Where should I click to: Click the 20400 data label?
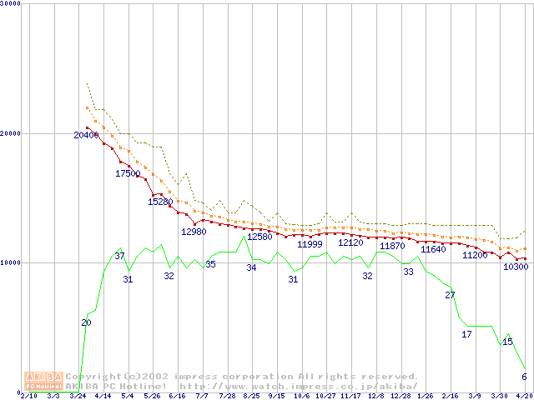point(85,135)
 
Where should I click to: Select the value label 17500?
point(128,173)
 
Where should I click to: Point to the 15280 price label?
point(160,202)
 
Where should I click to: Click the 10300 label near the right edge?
point(516,267)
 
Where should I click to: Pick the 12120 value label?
point(350,242)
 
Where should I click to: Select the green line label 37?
point(119,256)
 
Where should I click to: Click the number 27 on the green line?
point(450,295)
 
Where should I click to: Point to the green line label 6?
point(524,377)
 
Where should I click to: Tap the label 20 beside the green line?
point(86,322)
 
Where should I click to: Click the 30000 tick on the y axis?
point(11,5)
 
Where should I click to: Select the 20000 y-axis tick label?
point(11,133)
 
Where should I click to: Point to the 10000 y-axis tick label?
point(11,262)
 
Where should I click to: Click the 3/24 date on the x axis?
point(78,396)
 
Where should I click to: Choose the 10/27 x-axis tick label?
point(325,396)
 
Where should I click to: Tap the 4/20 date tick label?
point(524,396)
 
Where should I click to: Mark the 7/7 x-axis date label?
point(201,396)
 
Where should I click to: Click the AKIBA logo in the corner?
point(43,380)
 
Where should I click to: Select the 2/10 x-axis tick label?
point(28,396)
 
